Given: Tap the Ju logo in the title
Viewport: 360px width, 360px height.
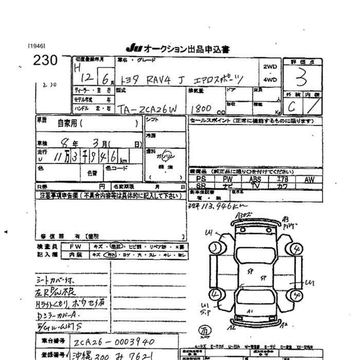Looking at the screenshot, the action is pyautogui.click(x=133, y=49).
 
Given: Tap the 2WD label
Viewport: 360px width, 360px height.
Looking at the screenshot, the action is pyautogui.click(x=269, y=67).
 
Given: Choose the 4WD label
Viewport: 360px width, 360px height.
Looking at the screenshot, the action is pyautogui.click(x=269, y=80).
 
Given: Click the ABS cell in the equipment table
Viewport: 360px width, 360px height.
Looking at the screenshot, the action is pyautogui.click(x=255, y=179).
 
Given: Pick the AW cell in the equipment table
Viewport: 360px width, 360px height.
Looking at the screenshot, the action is pyautogui.click(x=309, y=179).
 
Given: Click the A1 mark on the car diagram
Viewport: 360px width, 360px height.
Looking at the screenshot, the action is pyautogui.click(x=249, y=312).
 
